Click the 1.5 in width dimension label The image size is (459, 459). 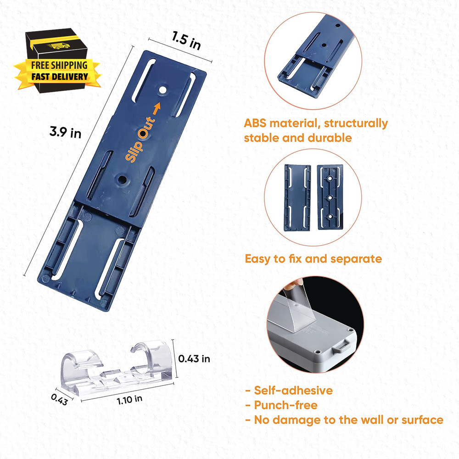point(186,40)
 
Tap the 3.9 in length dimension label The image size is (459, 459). point(65,132)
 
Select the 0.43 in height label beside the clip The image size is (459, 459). point(194,358)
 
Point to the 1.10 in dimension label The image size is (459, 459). point(130,399)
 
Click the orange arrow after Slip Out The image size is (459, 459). point(157,109)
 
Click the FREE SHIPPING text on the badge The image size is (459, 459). point(59,65)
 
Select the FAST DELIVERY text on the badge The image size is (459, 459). point(60,77)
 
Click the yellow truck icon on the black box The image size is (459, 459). point(60,45)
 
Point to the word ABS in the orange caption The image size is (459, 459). point(255,123)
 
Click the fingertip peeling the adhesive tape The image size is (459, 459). point(296,282)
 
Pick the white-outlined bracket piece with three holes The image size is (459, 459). point(330,197)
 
